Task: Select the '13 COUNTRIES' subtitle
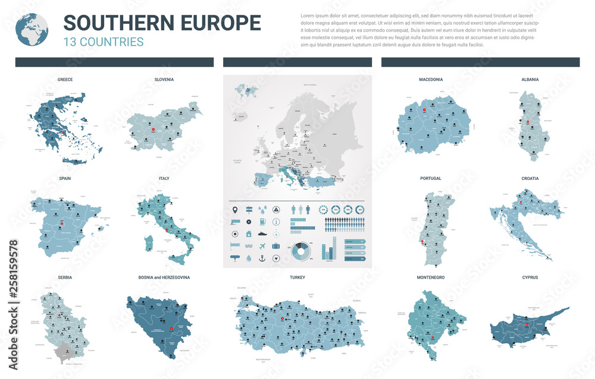[104, 42]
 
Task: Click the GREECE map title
[65, 79]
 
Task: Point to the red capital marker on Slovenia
[153, 130]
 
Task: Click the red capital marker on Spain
[61, 225]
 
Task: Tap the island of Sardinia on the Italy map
[149, 243]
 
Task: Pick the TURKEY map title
[297, 277]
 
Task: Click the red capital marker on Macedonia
[424, 110]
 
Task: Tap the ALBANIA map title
[530, 79]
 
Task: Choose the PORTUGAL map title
[430, 178]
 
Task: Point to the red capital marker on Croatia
[521, 203]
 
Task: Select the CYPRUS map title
[530, 277]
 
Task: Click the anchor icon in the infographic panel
[262, 258]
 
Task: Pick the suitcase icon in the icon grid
[276, 245]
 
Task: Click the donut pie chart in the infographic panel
[300, 251]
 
